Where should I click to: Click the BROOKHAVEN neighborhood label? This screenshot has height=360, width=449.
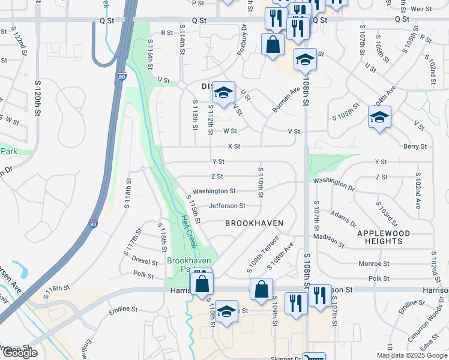click(x=254, y=223)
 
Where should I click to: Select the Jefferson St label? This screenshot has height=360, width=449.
click(x=227, y=206)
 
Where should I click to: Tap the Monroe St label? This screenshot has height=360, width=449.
click(x=373, y=263)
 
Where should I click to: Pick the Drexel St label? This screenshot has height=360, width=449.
click(x=145, y=262)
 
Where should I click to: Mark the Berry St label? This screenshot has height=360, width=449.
click(x=415, y=146)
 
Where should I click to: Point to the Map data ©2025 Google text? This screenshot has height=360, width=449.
click(x=412, y=355)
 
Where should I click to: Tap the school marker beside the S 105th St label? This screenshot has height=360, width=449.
click(x=379, y=118)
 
